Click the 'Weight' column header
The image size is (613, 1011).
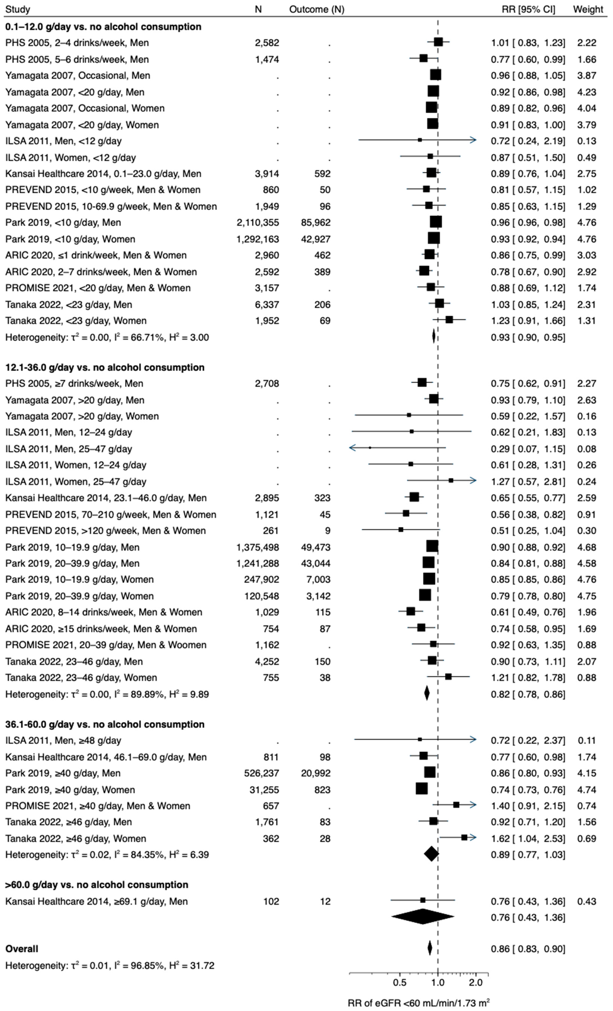click(x=588, y=9)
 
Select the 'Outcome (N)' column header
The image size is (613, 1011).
click(x=317, y=9)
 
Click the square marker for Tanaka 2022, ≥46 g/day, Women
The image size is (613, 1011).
click(x=464, y=837)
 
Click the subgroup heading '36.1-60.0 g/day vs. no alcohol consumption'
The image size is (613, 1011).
click(x=105, y=724)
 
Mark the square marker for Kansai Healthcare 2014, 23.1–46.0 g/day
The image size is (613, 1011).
click(x=414, y=497)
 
